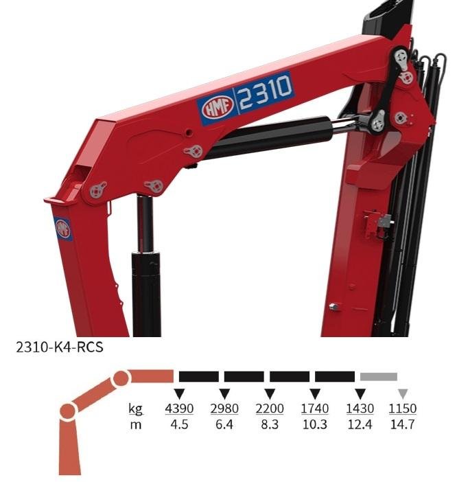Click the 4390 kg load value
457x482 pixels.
coord(179,409)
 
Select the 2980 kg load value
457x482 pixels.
coord(224,409)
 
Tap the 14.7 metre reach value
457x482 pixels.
coord(402,424)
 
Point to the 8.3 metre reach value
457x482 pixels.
coord(270,424)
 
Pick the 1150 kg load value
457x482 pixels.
coord(403,409)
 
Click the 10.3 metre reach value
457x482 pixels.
coord(315,424)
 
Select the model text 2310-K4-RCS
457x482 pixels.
coord(60,347)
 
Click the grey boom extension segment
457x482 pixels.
coord(379,376)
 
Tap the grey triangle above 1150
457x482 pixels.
coord(403,393)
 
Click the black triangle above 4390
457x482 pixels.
coord(179,393)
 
